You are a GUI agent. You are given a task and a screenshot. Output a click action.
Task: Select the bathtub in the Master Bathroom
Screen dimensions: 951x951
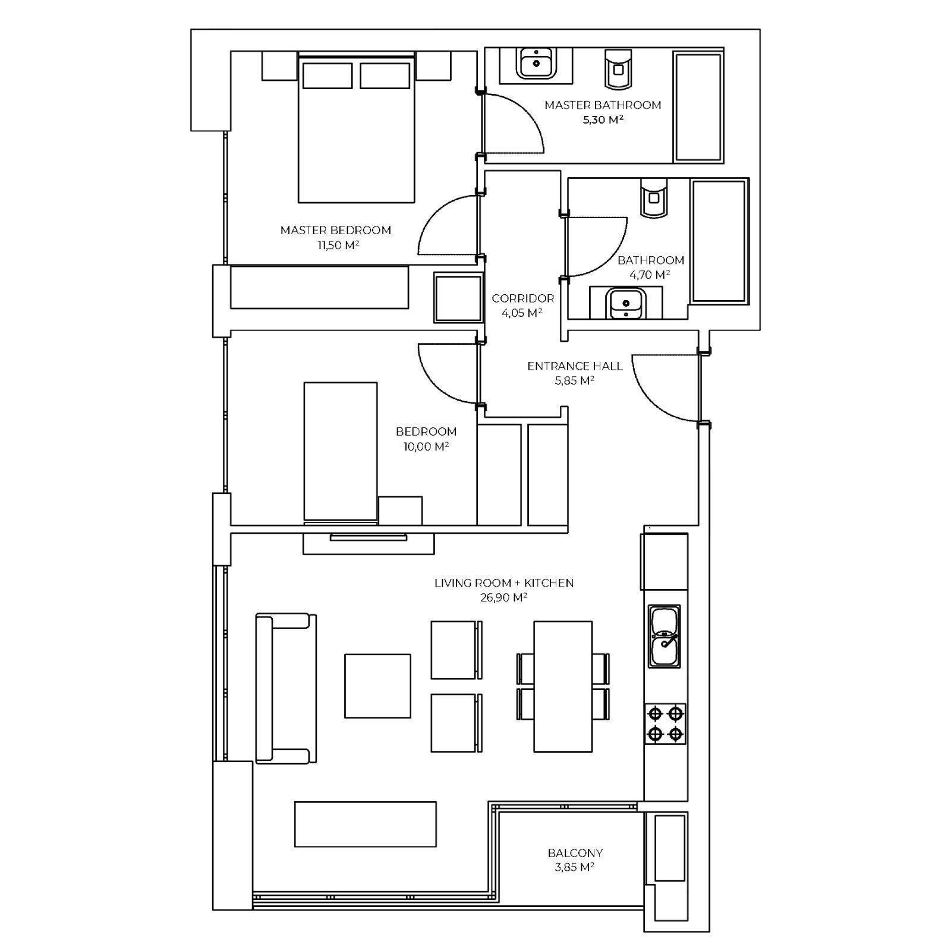click(x=698, y=107)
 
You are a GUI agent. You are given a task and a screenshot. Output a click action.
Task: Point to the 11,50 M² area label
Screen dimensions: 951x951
click(x=338, y=245)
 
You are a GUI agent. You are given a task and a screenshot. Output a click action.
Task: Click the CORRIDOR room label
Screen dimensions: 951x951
click(x=523, y=298)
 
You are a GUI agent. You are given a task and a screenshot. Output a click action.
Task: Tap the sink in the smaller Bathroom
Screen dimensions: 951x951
click(x=625, y=304)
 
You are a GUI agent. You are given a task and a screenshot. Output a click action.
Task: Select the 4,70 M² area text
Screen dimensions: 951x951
click(x=650, y=275)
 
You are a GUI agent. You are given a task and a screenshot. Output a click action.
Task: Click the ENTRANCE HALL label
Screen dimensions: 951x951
click(x=575, y=366)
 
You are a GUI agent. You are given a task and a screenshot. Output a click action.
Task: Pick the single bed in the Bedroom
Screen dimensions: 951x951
click(x=341, y=452)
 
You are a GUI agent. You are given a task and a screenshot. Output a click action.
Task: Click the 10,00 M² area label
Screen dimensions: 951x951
click(x=426, y=446)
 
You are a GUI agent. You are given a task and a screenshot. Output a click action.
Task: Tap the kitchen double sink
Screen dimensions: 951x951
click(x=665, y=637)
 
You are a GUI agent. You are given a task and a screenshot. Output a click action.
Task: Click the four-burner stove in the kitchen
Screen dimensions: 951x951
click(x=665, y=723)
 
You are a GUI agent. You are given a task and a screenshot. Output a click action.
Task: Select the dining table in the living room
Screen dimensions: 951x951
click(x=563, y=687)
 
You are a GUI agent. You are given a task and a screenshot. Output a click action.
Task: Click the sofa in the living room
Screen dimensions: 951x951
click(x=286, y=688)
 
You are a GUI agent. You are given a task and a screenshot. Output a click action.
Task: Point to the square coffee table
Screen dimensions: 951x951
click(x=377, y=686)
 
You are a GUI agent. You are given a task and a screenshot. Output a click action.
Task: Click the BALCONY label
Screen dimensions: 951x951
click(x=575, y=853)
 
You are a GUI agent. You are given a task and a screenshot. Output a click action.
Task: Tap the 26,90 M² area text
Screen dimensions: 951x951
click(x=504, y=597)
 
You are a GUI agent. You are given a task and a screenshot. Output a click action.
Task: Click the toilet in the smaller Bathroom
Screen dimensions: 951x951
click(x=653, y=198)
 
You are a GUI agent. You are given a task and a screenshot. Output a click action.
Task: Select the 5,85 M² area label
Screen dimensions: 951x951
click(x=575, y=380)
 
